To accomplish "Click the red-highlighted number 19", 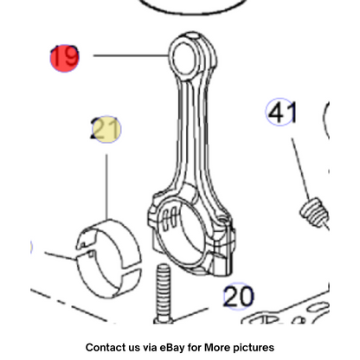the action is (65, 57).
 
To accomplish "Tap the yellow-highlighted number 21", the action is (106, 129).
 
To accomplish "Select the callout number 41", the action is (281, 112).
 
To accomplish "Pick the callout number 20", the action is (239, 296).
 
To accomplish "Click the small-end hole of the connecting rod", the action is (183, 58).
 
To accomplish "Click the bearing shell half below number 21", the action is (109, 258).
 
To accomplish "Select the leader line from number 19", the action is (131, 55).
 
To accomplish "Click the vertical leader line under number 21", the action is (106, 187).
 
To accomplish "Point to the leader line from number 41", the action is (300, 170).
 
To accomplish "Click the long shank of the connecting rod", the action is (193, 130).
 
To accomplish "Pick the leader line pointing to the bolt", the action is (190, 314).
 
